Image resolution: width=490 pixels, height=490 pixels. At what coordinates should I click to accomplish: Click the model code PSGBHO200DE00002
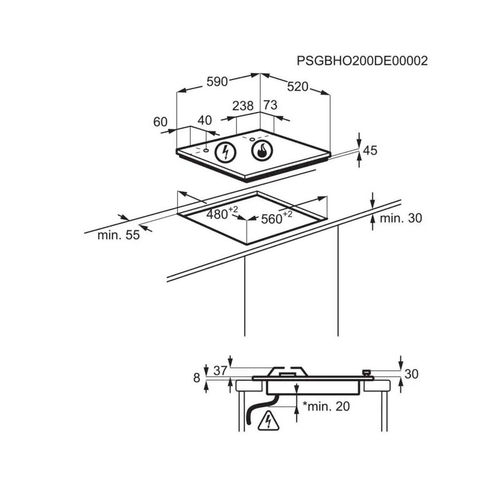click(362, 60)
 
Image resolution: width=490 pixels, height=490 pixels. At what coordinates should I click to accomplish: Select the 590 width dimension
click(216, 82)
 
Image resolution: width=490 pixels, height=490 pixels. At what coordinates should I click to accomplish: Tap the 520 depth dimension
click(298, 87)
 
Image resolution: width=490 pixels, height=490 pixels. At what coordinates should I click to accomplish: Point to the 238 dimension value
click(243, 106)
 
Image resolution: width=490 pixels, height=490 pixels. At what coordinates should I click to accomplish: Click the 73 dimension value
click(270, 106)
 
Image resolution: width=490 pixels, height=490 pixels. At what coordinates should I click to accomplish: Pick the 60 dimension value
click(160, 122)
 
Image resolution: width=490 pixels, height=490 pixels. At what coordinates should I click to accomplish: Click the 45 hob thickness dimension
click(370, 151)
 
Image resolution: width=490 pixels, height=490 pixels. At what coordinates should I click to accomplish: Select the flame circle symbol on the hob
click(262, 151)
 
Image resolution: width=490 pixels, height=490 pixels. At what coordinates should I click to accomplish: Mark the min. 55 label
click(118, 235)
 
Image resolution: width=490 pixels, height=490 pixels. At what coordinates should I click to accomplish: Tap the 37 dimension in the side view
click(220, 371)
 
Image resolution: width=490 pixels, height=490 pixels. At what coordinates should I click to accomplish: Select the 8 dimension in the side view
click(197, 377)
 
